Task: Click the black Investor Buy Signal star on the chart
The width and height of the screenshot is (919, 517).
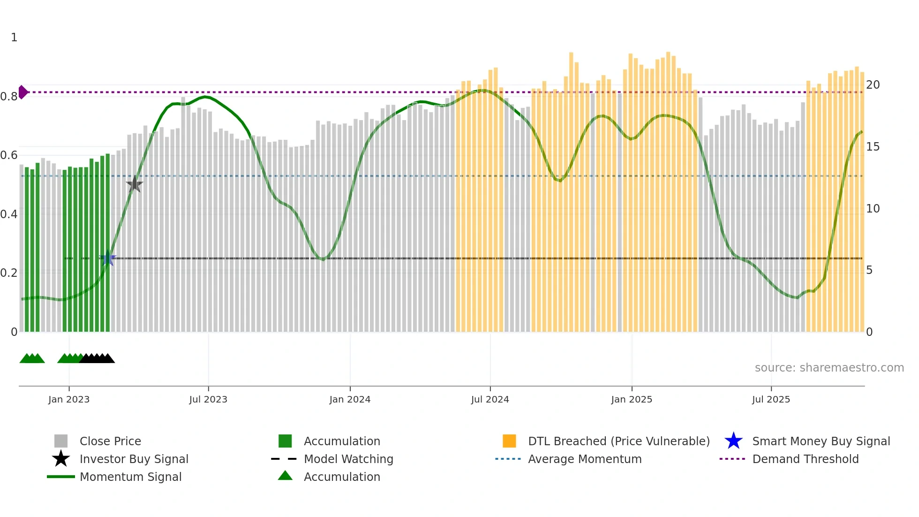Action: (x=135, y=184)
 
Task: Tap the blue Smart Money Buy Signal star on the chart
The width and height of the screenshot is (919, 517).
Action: (x=108, y=258)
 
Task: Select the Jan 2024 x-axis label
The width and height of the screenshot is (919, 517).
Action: (x=350, y=399)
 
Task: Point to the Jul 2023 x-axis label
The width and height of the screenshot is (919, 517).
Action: (x=208, y=399)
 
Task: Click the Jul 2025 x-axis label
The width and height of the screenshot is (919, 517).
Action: (x=771, y=399)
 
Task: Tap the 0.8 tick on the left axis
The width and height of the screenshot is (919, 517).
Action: (x=9, y=97)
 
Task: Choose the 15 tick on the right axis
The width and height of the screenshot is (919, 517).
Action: (x=873, y=147)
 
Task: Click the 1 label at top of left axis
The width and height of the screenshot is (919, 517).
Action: (x=14, y=38)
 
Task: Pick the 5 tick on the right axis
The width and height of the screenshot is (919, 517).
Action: (x=869, y=270)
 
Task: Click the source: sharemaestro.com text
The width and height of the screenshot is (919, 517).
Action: (x=829, y=368)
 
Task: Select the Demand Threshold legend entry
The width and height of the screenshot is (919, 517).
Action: (x=805, y=459)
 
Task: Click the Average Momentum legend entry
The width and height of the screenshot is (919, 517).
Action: (x=584, y=459)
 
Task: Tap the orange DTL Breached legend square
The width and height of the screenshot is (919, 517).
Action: (x=509, y=441)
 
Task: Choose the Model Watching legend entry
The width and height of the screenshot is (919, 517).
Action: (x=348, y=459)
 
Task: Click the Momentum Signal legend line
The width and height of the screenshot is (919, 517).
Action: (x=61, y=477)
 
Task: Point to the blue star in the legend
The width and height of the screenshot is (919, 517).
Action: (x=733, y=441)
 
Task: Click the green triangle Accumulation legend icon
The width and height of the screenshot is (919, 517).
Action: (x=285, y=476)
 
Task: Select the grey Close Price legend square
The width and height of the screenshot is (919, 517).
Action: (x=61, y=441)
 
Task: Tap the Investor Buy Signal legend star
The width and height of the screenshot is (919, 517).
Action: (x=61, y=459)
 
